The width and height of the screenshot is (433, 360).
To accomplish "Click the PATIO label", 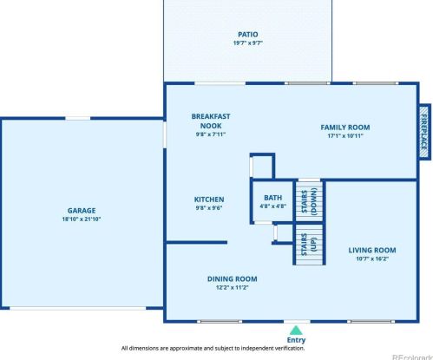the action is [x=247, y=35].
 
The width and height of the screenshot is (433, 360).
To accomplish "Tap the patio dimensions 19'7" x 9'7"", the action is [x=248, y=43].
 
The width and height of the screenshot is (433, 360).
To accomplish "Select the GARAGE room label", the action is [x=82, y=211].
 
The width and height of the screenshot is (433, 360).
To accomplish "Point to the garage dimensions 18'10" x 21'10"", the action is [x=82, y=219].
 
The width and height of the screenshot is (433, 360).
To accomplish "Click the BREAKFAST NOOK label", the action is [x=211, y=121].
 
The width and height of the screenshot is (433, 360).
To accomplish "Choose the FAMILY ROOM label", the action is [x=345, y=128].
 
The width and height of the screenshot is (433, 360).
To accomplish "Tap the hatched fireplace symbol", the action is [x=424, y=132].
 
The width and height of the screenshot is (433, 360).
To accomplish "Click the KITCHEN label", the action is [x=209, y=200].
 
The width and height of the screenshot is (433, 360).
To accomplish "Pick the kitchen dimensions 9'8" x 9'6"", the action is [x=209, y=207].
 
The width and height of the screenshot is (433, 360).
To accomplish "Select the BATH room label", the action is [x=272, y=198].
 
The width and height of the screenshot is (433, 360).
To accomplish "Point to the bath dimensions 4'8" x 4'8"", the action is [x=272, y=206].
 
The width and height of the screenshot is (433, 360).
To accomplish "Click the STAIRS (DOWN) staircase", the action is [x=309, y=201].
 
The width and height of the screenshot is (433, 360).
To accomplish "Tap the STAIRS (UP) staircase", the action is [x=309, y=245].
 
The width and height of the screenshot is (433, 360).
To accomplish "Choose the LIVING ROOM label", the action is [x=372, y=251].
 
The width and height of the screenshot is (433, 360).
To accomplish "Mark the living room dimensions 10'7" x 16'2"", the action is [x=372, y=259].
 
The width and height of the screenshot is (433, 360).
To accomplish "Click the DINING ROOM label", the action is [x=233, y=279].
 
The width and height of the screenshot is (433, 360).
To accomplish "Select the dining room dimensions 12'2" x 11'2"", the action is [x=233, y=287].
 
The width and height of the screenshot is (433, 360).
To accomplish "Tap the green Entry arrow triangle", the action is [x=296, y=331].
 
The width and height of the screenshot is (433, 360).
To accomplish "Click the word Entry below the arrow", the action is [x=296, y=340].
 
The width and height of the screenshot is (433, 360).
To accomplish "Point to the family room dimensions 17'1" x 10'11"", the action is [x=345, y=136].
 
